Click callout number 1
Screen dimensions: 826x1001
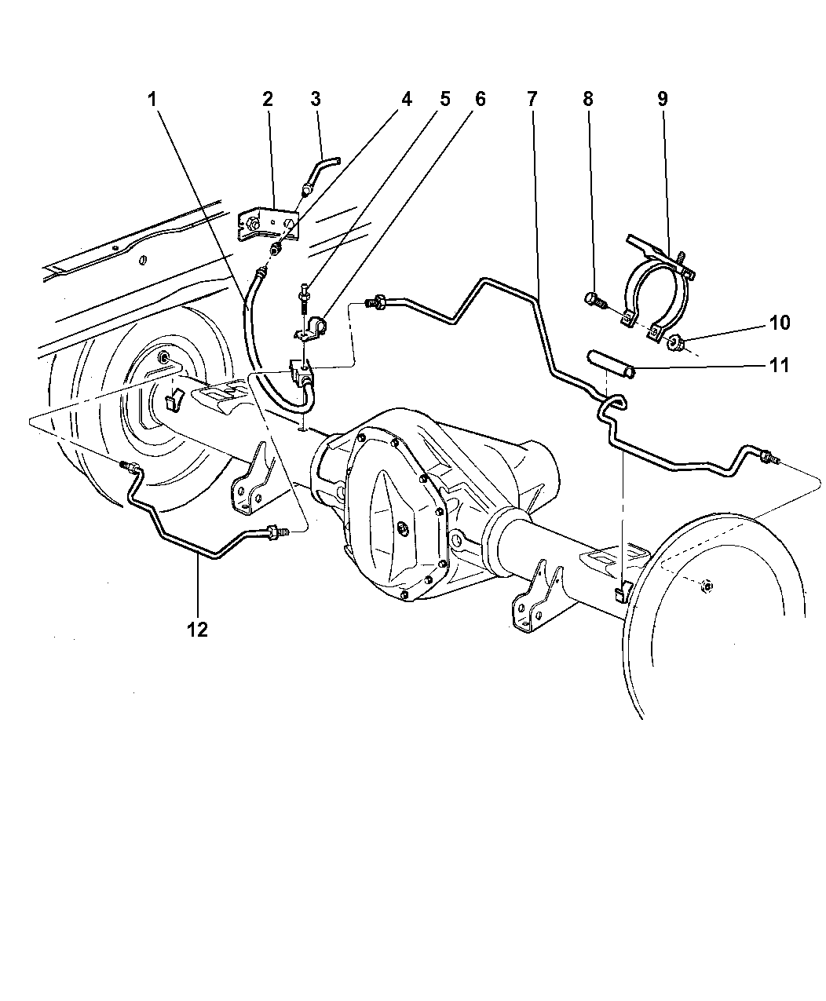coord(152,100)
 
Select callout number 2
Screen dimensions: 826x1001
coord(268,99)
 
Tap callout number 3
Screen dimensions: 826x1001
coord(315,99)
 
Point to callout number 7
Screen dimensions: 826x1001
coord(532,99)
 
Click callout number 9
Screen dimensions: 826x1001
coord(662,99)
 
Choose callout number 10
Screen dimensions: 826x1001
coord(780,323)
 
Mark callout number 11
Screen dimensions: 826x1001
coord(779,365)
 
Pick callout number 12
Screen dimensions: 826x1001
coord(197,630)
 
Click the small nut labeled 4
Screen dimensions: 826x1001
coord(276,248)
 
